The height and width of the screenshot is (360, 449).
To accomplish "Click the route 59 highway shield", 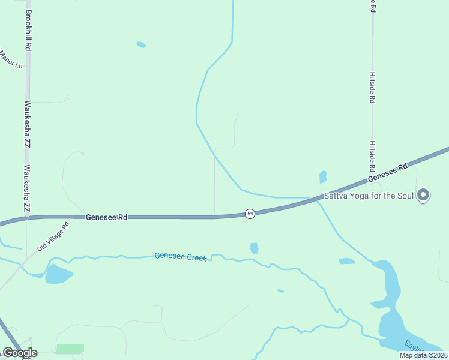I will coord(250,214).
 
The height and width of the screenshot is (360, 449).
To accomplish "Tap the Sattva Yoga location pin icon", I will coord(423,195).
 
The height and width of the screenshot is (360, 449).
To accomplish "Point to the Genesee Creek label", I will coord(180,256).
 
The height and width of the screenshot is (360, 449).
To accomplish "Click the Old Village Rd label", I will coord(53,236).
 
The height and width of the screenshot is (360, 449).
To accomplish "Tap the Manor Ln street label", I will coord(10,59).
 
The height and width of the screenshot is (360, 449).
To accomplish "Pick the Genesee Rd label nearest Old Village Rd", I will coord(106,217).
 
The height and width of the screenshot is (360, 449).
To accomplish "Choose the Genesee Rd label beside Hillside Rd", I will coord(387,173).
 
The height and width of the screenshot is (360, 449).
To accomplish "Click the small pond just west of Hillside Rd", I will coord(323,177).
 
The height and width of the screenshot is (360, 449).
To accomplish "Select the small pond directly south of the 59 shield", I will coord(254,248).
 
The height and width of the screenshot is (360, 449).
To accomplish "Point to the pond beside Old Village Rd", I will coord(58,274).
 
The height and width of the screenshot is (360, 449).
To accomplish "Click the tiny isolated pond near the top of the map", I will coord(141,44).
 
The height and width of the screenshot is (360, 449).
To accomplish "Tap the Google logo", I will coord(19,353).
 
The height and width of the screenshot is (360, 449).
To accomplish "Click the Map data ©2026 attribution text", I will coord(423,355).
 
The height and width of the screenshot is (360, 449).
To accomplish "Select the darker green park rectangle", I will coord(70,349).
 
